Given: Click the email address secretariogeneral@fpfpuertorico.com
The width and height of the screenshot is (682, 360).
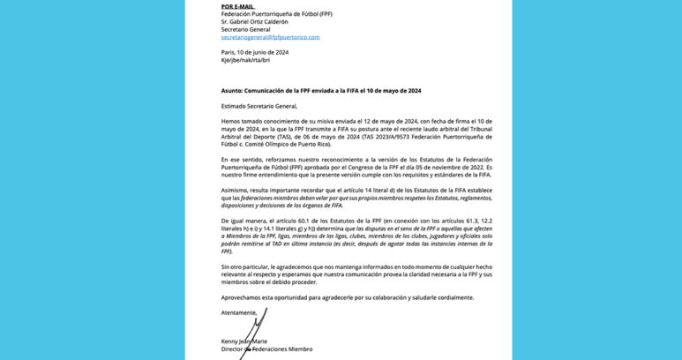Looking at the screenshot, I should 270,37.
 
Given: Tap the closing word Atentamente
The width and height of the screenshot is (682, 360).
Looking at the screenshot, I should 239,312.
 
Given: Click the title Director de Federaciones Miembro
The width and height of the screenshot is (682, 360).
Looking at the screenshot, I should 266,349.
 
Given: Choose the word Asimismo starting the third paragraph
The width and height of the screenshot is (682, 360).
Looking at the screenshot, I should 236,189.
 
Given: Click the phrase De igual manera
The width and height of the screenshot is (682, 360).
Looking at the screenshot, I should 241,220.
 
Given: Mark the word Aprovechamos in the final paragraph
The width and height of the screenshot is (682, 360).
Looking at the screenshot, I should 243,297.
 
